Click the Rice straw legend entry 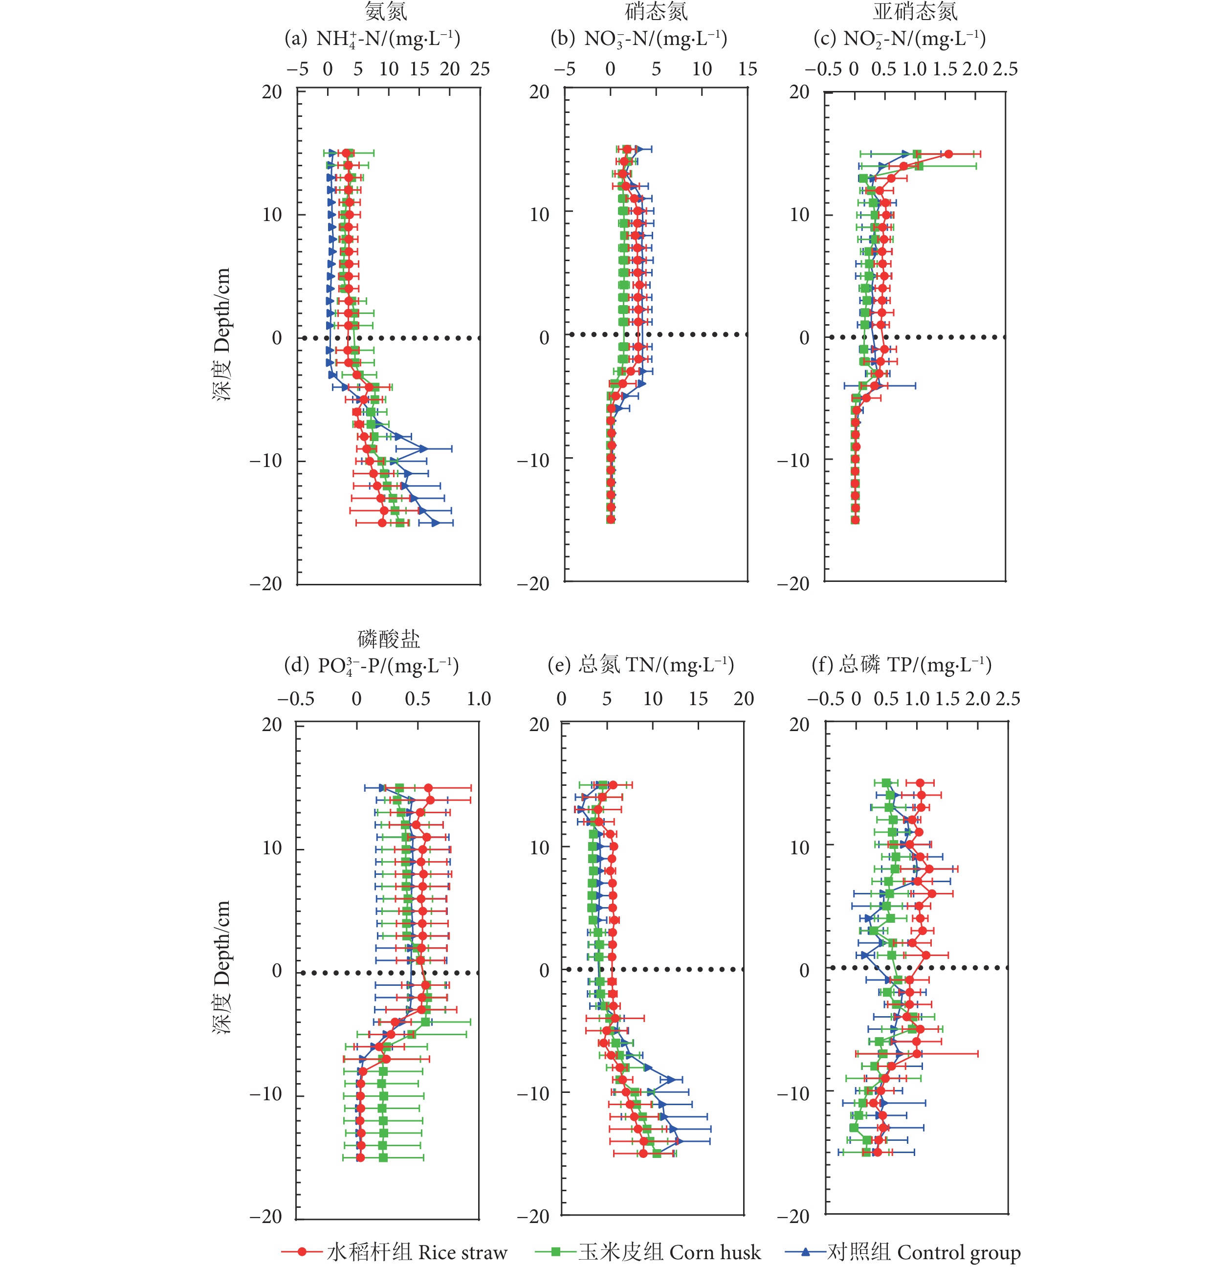click(x=395, y=1252)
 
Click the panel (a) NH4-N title click(x=373, y=39)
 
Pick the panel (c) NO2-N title click(x=900, y=39)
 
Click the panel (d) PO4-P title click(x=372, y=665)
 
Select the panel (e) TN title click(x=640, y=665)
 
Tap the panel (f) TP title click(x=902, y=665)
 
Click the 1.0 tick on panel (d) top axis click(x=479, y=699)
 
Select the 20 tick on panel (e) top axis click(x=744, y=699)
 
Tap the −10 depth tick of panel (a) click(x=266, y=461)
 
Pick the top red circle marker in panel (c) click(x=948, y=154)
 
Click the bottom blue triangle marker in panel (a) click(x=436, y=523)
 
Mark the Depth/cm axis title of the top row click(x=222, y=334)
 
